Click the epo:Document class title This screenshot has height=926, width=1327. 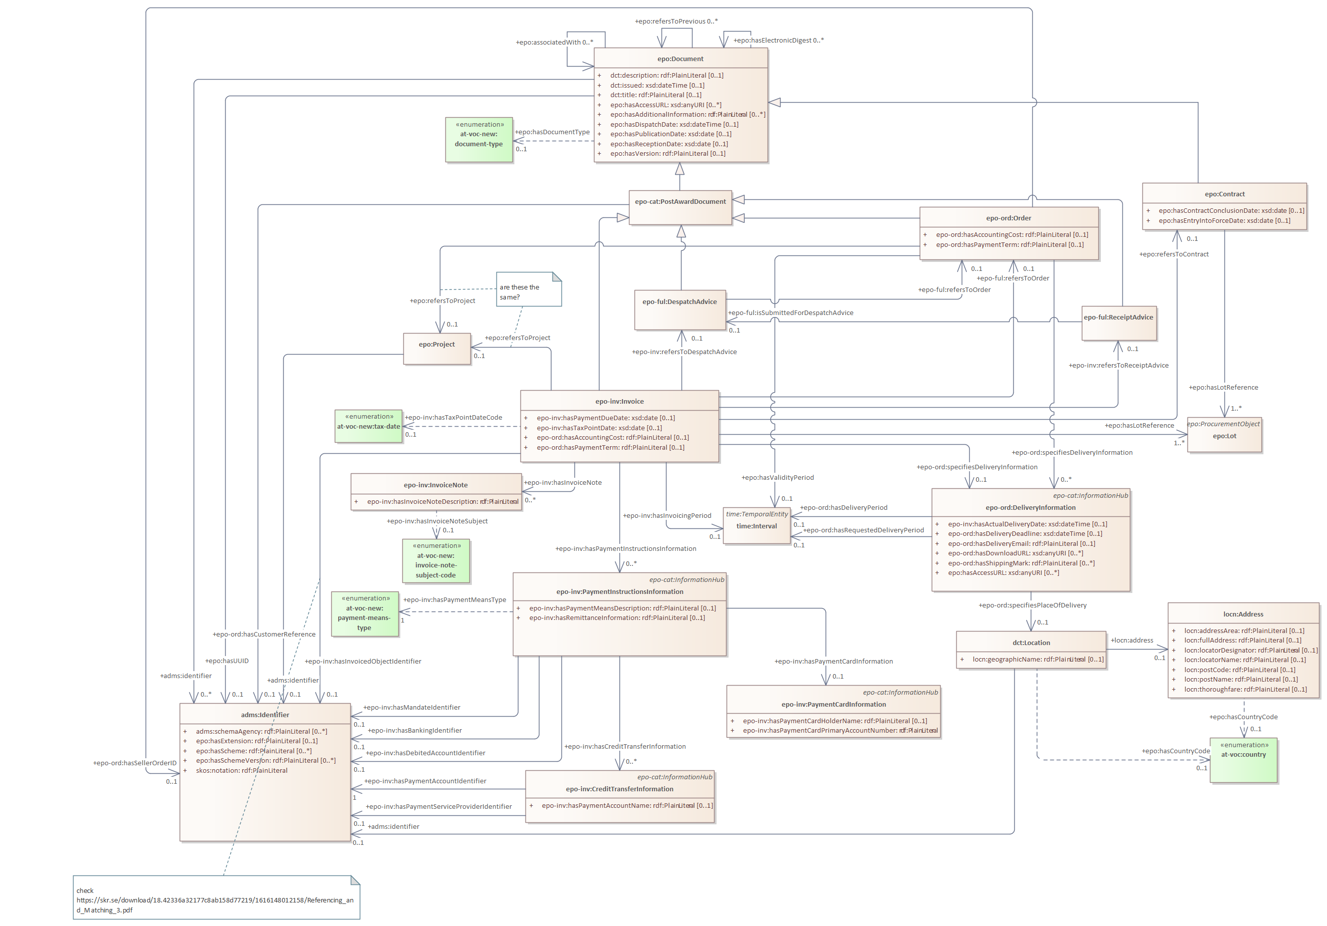pyautogui.click(x=680, y=59)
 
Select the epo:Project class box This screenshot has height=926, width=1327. pyautogui.click(x=437, y=349)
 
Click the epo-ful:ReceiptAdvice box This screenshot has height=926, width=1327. pyautogui.click(x=1118, y=324)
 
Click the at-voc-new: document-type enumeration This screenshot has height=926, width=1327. pyautogui.click(x=478, y=139)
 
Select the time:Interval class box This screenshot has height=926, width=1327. pyautogui.click(x=757, y=526)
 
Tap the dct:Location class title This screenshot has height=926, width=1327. pyautogui.click(x=1031, y=643)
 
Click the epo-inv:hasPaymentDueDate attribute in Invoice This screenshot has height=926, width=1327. pyautogui.click(x=605, y=418)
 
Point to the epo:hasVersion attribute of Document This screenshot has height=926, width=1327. pyautogui.click(x=667, y=154)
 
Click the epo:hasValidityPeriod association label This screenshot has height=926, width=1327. pyautogui.click(x=778, y=478)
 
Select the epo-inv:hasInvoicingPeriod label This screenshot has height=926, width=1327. pyautogui.click(x=667, y=516)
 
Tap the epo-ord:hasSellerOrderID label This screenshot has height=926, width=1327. pyautogui.click(x=135, y=763)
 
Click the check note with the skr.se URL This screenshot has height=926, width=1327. pyautogui.click(x=216, y=900)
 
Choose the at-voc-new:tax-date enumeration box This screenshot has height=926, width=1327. pyautogui.click(x=368, y=426)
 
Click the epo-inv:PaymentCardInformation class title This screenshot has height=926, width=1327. pyautogui.click(x=834, y=705)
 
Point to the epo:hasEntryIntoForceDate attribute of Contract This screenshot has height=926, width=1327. pyautogui.click(x=1223, y=221)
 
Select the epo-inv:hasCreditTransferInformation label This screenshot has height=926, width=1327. pyautogui.click(x=625, y=747)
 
